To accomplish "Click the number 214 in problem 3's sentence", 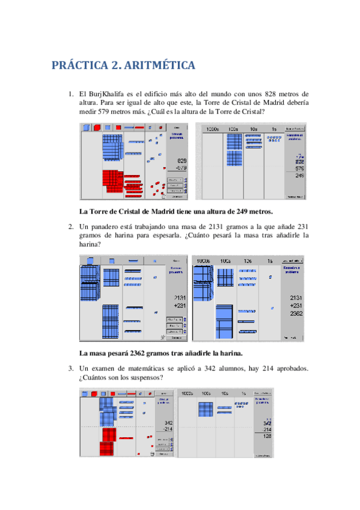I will point(258,368).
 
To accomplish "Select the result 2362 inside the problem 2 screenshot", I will point(296,313).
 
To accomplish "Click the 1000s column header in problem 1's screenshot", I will point(213,129).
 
